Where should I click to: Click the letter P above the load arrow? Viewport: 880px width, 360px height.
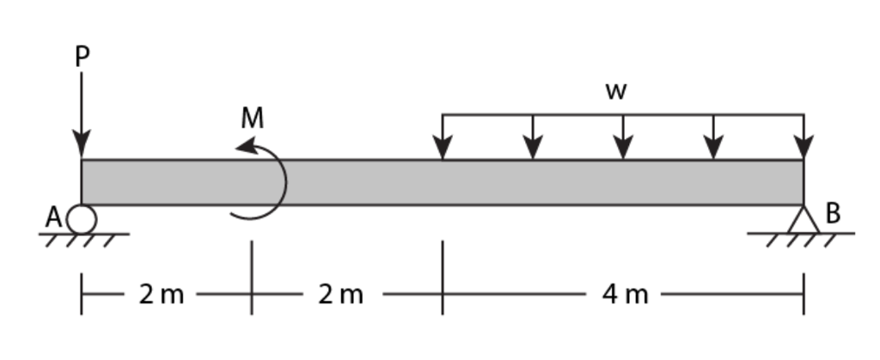pyautogui.click(x=82, y=57)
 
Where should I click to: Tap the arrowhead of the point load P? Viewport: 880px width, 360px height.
pyautogui.click(x=82, y=148)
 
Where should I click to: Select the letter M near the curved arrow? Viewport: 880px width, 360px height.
pyautogui.click(x=252, y=119)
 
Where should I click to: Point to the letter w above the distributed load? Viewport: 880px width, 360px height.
pyautogui.click(x=615, y=92)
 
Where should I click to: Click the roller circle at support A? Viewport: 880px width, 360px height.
pyautogui.click(x=82, y=219)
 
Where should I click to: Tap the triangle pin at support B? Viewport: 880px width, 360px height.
pyautogui.click(x=804, y=221)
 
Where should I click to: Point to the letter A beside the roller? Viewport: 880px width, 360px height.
pyautogui.click(x=53, y=218)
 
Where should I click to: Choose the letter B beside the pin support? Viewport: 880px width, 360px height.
pyautogui.click(x=833, y=213)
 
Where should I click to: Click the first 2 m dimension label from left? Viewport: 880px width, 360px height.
pyautogui.click(x=162, y=295)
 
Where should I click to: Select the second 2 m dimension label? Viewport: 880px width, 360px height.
pyautogui.click(x=340, y=295)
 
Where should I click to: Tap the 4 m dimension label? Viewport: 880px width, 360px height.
pyautogui.click(x=625, y=295)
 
